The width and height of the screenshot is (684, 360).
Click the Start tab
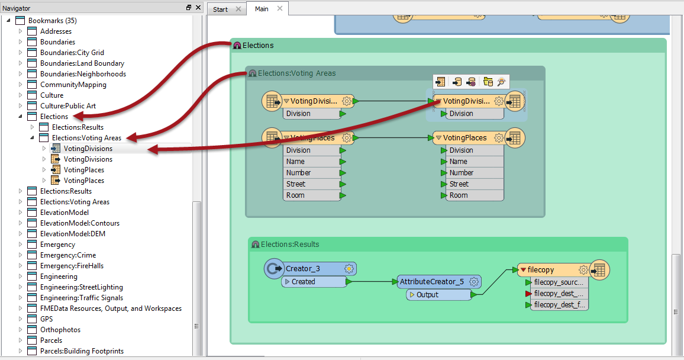(220, 9)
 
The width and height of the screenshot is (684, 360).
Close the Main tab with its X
(280, 8)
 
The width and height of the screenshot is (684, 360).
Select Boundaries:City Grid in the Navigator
(72, 52)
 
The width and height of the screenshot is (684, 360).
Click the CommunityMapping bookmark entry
(73, 85)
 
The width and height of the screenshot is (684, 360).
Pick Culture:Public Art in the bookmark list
(68, 105)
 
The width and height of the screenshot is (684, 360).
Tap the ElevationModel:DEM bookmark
(73, 233)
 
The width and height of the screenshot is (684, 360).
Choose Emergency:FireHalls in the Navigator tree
(72, 266)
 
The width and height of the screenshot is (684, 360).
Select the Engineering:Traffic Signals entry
(82, 298)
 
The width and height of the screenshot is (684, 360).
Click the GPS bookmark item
(46, 319)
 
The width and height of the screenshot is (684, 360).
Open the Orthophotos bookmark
(60, 329)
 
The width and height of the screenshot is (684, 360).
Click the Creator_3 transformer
(310, 268)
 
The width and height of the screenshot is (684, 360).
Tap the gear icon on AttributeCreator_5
(474, 282)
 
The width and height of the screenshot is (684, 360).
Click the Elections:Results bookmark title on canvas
(290, 245)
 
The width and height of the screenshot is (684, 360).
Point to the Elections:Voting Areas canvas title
(296, 73)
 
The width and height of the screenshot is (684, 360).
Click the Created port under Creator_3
(314, 282)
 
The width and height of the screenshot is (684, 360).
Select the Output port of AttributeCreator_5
(438, 295)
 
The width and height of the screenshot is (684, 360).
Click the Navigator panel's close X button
(198, 8)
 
